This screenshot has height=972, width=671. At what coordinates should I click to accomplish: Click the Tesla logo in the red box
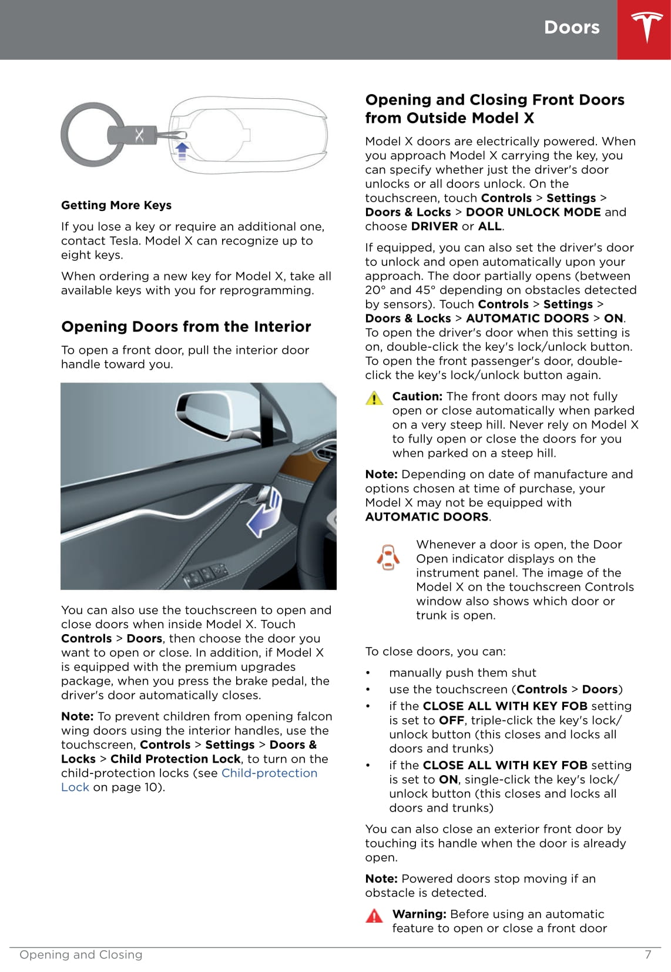tap(646, 28)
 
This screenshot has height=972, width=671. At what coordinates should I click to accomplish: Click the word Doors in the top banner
tap(571, 28)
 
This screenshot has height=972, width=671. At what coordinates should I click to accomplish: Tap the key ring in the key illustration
tap(88, 135)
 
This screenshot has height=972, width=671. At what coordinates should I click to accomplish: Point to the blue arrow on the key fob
tap(182, 150)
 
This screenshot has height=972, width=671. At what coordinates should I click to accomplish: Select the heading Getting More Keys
tap(116, 205)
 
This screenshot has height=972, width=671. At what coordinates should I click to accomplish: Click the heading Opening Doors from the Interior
tap(186, 327)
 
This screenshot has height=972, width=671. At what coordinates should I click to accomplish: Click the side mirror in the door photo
tap(209, 414)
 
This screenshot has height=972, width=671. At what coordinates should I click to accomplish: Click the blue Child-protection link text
tap(269, 773)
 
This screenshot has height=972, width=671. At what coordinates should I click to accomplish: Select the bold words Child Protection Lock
tap(175, 759)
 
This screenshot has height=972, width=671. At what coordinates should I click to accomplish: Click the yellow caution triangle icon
tap(374, 398)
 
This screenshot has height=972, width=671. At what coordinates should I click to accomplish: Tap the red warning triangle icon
tap(374, 916)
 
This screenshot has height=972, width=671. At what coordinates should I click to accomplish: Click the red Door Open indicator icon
tap(388, 557)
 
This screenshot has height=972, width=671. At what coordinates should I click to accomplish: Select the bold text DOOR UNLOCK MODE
tap(533, 212)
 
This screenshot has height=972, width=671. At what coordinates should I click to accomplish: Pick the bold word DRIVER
tap(434, 226)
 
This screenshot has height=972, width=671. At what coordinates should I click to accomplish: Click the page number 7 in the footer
tap(647, 954)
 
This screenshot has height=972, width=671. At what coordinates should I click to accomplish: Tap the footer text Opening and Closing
tap(81, 954)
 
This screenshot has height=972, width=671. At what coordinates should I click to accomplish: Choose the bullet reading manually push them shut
tap(462, 672)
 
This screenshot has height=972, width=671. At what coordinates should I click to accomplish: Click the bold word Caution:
tap(417, 396)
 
